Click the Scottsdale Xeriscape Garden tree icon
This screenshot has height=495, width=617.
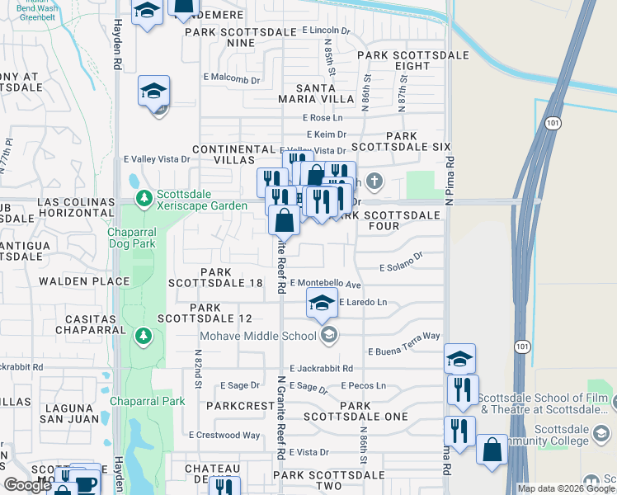pyautogui.click(x=144, y=198)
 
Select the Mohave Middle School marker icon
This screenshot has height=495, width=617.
pyautogui.click(x=328, y=334)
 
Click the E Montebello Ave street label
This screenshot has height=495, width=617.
pyautogui.click(x=326, y=283)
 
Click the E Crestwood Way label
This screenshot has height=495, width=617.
pyautogui.click(x=224, y=435)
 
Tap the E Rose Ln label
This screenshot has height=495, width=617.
pyautogui.click(x=323, y=118)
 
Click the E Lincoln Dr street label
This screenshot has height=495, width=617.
pyautogui.click(x=327, y=31)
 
